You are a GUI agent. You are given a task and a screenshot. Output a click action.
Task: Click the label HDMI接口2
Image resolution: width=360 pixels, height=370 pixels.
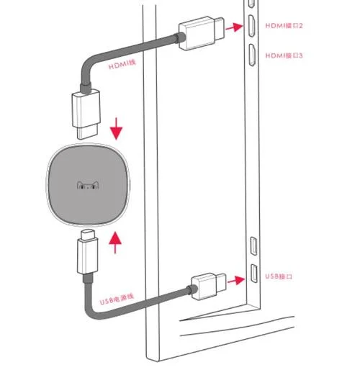[284, 25]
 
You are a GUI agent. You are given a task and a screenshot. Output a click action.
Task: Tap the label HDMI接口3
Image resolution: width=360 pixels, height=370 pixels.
[284, 55]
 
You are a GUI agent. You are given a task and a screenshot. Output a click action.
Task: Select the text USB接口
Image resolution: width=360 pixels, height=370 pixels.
[279, 276]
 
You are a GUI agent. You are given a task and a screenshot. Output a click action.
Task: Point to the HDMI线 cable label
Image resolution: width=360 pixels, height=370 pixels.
[122, 64]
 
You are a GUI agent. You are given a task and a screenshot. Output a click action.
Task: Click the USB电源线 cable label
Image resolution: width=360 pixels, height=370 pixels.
[117, 299]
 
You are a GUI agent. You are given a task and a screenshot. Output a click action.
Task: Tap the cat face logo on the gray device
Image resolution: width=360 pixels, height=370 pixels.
[88, 185]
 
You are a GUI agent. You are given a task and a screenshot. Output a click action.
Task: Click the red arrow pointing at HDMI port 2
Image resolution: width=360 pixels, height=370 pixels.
[235, 27]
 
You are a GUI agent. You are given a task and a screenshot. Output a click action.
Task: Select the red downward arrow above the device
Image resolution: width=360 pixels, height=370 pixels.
[116, 129]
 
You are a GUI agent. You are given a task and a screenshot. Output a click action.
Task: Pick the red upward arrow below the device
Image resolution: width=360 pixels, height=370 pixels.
[115, 243]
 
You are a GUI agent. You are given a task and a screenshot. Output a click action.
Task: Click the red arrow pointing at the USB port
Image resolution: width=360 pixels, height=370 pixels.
[236, 280]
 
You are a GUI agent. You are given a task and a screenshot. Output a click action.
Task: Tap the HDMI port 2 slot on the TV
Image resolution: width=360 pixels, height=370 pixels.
[251, 26]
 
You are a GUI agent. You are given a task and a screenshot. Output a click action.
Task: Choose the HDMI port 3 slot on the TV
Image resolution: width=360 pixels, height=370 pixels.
[251, 55]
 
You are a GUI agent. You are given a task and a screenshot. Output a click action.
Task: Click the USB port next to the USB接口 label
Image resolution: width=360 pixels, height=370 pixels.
[254, 274]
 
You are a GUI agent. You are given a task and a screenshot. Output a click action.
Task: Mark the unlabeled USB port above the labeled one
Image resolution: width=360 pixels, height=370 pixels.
[253, 245]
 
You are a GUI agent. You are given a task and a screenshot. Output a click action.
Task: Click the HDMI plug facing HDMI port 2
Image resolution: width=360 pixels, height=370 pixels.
[201, 33]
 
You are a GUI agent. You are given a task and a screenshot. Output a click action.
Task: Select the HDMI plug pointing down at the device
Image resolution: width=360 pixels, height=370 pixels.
[86, 114]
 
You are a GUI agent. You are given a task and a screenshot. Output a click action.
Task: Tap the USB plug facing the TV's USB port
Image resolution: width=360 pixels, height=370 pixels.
[209, 286]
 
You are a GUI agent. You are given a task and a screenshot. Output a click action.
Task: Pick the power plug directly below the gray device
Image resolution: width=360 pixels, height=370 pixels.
[88, 251]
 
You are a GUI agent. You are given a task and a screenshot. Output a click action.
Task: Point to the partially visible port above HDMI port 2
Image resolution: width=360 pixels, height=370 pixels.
[251, 4]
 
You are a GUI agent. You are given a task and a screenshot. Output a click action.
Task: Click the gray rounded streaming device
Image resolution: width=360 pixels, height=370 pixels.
[88, 185]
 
